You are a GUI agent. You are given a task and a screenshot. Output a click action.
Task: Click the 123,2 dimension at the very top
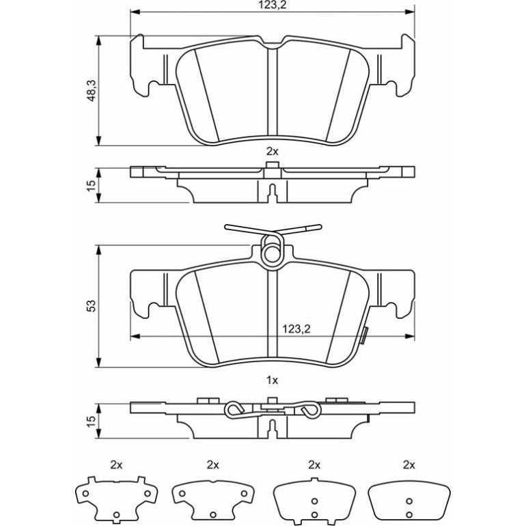(x=272, y=5)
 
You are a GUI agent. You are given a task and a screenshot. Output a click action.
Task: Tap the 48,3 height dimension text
(x=91, y=91)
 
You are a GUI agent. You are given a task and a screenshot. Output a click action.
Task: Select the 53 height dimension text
(x=91, y=305)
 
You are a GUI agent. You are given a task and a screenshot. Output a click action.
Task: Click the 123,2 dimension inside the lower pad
(x=296, y=329)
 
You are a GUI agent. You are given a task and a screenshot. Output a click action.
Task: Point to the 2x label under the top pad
(x=272, y=152)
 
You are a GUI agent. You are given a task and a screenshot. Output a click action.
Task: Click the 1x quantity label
(x=272, y=380)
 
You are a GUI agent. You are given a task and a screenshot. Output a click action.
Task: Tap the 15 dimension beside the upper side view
(x=91, y=185)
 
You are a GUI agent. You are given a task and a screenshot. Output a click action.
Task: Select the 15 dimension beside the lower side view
(x=91, y=421)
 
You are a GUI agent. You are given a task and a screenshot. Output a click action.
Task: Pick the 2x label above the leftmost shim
(x=116, y=465)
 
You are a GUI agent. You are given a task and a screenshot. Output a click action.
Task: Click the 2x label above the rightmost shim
(x=409, y=465)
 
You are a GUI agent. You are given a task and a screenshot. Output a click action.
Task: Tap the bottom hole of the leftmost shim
(x=116, y=514)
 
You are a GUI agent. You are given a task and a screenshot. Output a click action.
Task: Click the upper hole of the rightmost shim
(x=409, y=501)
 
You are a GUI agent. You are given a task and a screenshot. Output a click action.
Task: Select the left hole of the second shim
(x=182, y=493)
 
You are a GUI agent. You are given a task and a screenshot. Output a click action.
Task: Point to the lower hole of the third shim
(x=314, y=514)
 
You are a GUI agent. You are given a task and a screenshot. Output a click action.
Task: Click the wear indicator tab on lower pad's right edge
(x=363, y=335)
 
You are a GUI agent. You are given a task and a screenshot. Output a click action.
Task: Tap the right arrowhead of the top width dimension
(x=410, y=12)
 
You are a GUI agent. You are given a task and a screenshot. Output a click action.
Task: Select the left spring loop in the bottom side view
(x=234, y=409)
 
